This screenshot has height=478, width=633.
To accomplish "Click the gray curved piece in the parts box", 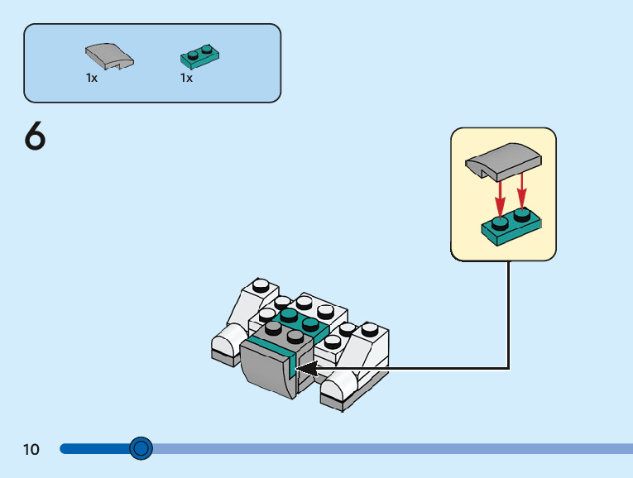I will click(108, 55).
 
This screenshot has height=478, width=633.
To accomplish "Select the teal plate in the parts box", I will click(199, 58).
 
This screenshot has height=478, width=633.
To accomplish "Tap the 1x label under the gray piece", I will click(91, 78).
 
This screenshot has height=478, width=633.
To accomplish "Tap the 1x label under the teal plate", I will click(186, 78).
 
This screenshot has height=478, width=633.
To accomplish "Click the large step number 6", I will click(35, 136).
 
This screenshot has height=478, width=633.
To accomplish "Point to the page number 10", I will click(31, 450).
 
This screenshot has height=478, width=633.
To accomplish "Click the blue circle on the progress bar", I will click(141, 448).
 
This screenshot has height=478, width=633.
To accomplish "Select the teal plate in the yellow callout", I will click(511, 227).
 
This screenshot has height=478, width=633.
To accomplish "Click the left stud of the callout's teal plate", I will click(500, 222).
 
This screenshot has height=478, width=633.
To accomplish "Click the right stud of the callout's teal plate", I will click(521, 215).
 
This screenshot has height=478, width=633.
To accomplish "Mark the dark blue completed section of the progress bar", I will click(95, 448).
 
